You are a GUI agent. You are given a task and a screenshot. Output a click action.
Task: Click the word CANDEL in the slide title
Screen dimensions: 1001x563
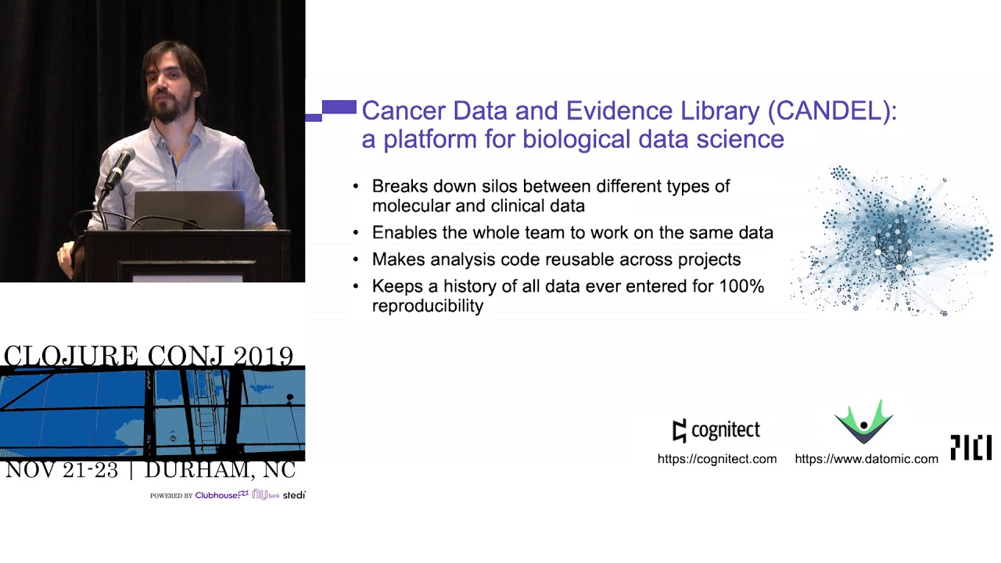(x=831, y=111)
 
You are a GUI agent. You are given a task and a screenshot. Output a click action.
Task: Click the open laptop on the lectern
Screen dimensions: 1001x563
(x=189, y=210)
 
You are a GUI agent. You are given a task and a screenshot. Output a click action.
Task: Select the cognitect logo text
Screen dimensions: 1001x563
(x=726, y=430)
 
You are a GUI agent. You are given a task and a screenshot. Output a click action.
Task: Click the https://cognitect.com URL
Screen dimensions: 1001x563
(x=717, y=459)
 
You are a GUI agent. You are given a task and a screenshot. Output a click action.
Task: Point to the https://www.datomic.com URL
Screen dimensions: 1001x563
(x=866, y=459)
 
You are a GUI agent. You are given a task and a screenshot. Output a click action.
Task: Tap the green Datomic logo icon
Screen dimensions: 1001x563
(x=864, y=421)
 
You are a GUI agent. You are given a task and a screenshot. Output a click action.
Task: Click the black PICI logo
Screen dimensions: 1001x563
(x=971, y=447)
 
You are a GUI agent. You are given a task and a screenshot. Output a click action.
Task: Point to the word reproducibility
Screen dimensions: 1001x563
(x=428, y=306)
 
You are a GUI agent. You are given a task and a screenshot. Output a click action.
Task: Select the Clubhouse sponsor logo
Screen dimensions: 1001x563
(x=221, y=495)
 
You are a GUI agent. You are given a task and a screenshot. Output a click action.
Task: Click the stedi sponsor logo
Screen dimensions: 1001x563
(x=294, y=495)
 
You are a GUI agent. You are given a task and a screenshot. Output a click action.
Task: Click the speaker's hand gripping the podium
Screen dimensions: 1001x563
(x=67, y=258)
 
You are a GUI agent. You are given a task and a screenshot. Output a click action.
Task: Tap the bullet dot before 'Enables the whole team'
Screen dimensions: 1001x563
(x=356, y=233)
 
